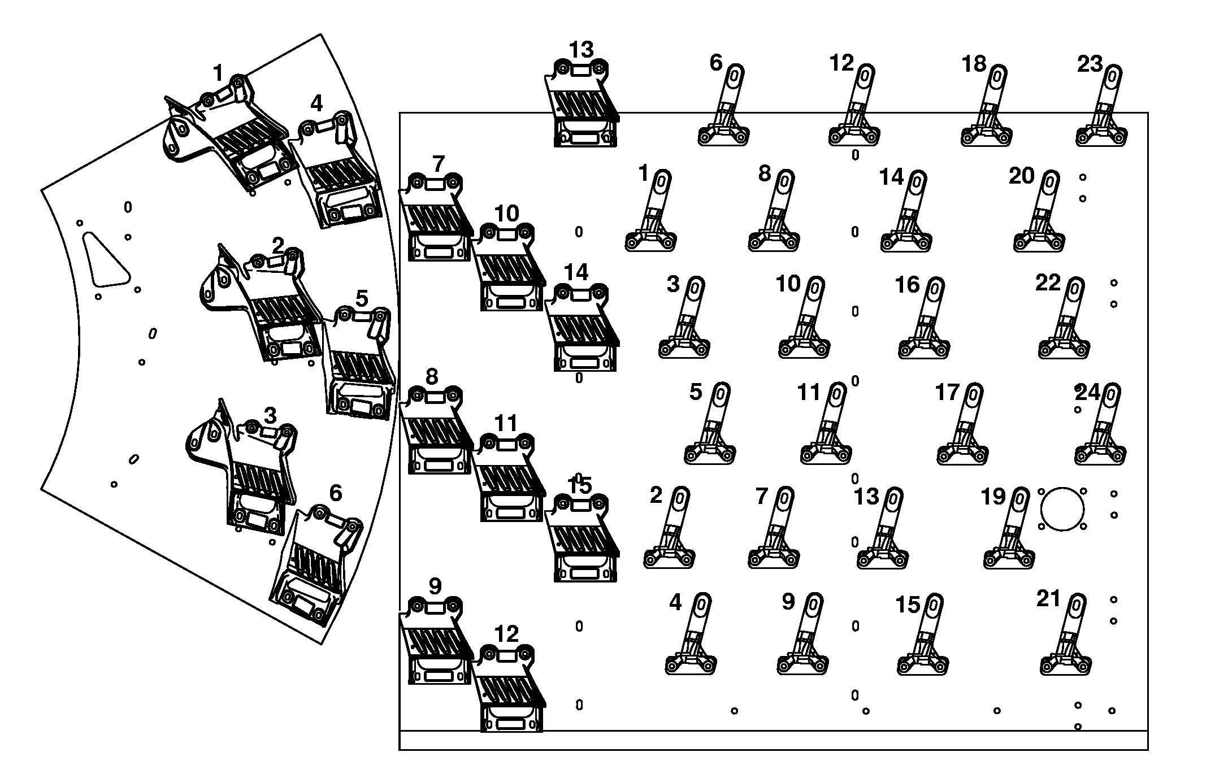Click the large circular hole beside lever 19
point(1062,509)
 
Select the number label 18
point(974,64)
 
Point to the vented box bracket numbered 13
point(582,105)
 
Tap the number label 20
point(1021,176)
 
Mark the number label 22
point(1048,282)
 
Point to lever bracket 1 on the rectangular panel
point(653,215)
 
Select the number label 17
point(947,392)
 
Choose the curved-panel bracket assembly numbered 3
point(249,469)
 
